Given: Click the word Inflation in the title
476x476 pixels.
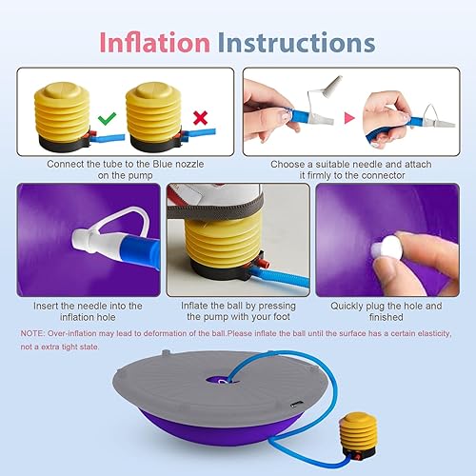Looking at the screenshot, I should pos(156,43).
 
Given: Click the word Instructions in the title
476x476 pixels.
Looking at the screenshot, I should pos(295,43).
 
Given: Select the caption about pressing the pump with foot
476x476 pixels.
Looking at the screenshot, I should pos(238,311).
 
